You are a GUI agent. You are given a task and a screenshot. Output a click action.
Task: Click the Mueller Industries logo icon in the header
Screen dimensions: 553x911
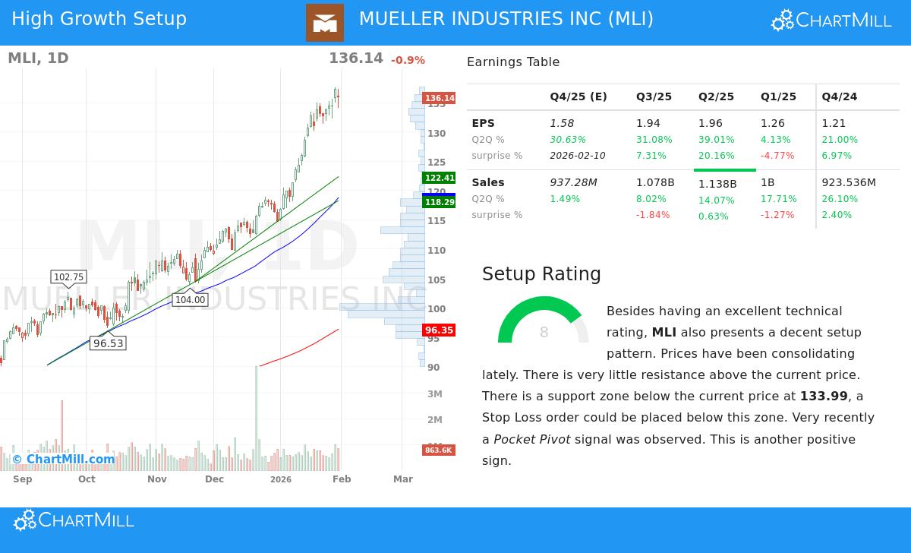pyautogui.click(x=324, y=23)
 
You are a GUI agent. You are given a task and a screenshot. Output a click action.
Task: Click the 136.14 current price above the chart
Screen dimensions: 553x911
pyautogui.click(x=355, y=58)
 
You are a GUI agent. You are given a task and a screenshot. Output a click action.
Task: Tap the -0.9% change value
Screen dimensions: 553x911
pyautogui.click(x=408, y=60)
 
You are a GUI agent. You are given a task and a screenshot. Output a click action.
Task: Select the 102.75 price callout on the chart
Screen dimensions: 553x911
pyautogui.click(x=68, y=277)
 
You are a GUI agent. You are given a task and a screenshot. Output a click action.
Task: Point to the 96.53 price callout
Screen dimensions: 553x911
pyautogui.click(x=108, y=343)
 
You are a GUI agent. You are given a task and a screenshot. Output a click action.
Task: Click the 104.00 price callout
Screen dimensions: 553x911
pyautogui.click(x=190, y=300)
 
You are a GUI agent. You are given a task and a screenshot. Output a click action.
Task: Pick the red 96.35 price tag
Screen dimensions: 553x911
pyautogui.click(x=439, y=330)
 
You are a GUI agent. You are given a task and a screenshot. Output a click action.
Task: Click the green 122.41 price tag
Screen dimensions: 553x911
pyautogui.click(x=439, y=178)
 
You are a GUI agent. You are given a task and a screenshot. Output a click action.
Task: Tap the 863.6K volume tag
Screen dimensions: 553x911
pyautogui.click(x=438, y=450)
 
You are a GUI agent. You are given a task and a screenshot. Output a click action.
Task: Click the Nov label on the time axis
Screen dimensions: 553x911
pyautogui.click(x=157, y=479)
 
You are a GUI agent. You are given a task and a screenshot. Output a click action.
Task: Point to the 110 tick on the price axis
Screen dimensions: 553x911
pyautogui.click(x=437, y=251)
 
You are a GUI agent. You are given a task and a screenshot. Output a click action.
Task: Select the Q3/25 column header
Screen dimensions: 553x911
pyautogui.click(x=654, y=96)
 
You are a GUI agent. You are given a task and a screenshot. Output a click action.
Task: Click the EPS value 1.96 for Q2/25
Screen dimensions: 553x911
pyautogui.click(x=711, y=123)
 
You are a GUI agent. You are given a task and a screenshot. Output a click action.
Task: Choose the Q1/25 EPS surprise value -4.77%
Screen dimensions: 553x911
pyautogui.click(x=777, y=156)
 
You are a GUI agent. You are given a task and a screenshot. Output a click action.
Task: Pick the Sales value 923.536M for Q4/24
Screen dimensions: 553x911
pyautogui.click(x=849, y=182)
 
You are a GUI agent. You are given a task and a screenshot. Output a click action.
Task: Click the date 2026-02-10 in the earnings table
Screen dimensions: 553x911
pyautogui.click(x=578, y=156)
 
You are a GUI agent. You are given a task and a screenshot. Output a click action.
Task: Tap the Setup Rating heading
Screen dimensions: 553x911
pyautogui.click(x=541, y=274)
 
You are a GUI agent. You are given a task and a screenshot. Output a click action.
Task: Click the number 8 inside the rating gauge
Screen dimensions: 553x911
pyautogui.click(x=544, y=333)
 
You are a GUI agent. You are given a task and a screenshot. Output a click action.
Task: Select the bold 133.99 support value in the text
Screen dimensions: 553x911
pyautogui.click(x=824, y=396)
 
